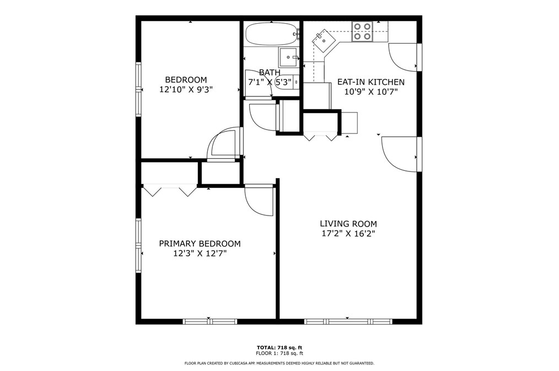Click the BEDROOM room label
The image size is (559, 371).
[186, 79]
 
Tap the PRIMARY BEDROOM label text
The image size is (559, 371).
[200, 244]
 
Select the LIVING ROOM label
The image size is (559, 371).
[348, 224]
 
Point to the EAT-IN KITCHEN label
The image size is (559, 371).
[371, 82]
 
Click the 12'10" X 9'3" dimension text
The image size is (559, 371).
[186, 89]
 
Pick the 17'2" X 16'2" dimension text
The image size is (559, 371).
[348, 233]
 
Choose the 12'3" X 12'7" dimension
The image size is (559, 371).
[200, 254]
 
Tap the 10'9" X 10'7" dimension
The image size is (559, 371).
[371, 92]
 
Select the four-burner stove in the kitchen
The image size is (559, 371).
[362, 31]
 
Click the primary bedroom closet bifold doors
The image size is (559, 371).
[169, 190]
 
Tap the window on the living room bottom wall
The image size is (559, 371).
[348, 321]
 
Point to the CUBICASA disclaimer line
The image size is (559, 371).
[279, 363]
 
